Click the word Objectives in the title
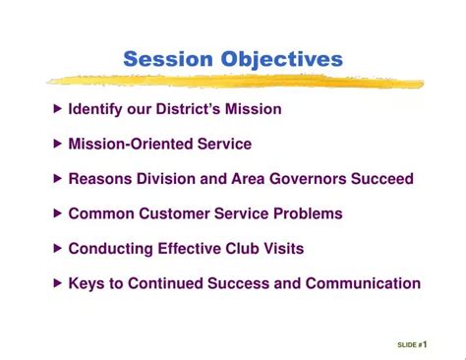tap(280, 60)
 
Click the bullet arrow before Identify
tap(58, 108)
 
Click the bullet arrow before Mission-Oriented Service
tap(58, 144)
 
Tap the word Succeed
tap(380, 179)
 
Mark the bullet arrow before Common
tap(58, 213)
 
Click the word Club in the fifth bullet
tap(235, 249)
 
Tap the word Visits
tap(280, 249)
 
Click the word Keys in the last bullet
tap(86, 283)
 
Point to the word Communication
tap(363, 283)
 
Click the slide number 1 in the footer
tap(425, 344)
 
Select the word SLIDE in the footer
tap(406, 345)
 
